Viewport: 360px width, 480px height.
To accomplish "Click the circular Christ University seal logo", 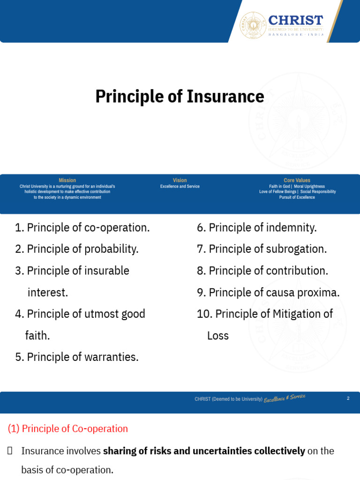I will coord(253,25).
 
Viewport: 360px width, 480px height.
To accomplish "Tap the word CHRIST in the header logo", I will coord(296,20).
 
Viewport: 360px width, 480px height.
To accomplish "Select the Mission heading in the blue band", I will coord(67,180).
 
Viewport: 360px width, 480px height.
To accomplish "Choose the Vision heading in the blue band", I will coord(180,180).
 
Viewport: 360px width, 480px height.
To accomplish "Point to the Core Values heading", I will coord(297,180).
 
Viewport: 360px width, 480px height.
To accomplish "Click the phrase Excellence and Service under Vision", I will coord(180,187).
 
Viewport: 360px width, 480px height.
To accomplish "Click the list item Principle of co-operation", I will coord(82,228).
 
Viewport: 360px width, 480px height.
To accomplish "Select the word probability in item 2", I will coord(112,249).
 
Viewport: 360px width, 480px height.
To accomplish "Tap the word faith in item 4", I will coord(37,336).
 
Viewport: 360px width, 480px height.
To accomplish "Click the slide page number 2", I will coord(348,398).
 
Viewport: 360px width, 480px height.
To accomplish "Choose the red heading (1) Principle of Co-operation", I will coord(68,428).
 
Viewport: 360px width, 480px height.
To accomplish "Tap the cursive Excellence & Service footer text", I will coord(285,398).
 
